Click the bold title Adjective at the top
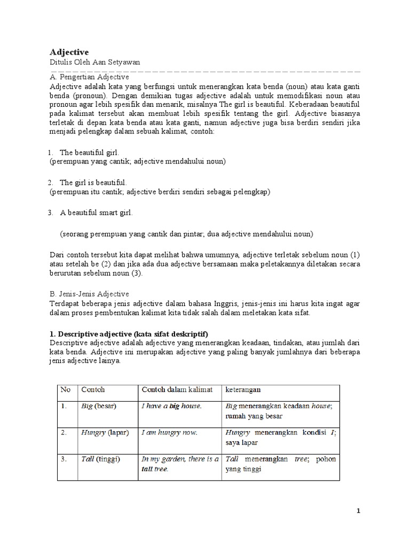coord(69,52)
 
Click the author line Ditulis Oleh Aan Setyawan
coord(94,62)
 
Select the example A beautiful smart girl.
coord(96,213)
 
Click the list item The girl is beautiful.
coord(93,182)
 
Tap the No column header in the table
coord(66,389)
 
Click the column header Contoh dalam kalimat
coord(177,389)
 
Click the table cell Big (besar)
coord(99,406)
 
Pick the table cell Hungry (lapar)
coord(105,433)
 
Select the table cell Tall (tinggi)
coord(100,459)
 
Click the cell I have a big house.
coord(171,406)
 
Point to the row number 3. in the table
coord(65,459)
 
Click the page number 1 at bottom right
coord(359,511)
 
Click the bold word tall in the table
coord(147,469)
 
